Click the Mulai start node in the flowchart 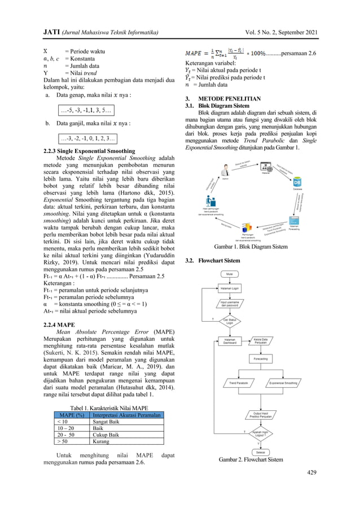230,275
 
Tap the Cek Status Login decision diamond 230,321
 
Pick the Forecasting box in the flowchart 261,358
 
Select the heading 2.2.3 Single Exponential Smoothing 89,151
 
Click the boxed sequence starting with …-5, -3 88,109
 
